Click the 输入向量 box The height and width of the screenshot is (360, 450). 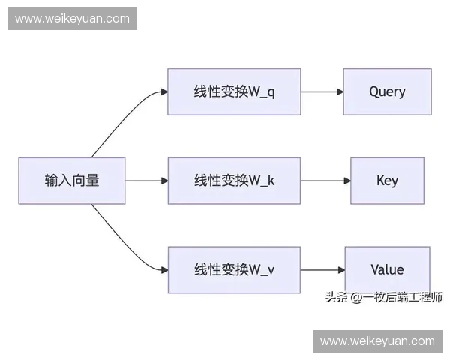coord(71,181)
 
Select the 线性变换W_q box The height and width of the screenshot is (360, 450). coord(234,91)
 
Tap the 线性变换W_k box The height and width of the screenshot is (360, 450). coord(234,181)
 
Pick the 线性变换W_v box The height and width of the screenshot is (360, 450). coord(234,270)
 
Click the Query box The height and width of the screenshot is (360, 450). coord(387,91)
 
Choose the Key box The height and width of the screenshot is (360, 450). coord(387,181)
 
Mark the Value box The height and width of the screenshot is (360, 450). coord(387,270)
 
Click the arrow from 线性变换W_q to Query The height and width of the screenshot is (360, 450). coord(322,91)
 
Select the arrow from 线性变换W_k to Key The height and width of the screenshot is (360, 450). coord(325,181)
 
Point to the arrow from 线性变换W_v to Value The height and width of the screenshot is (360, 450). coord(322,270)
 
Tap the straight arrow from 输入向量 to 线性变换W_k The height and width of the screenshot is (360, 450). coord(146,181)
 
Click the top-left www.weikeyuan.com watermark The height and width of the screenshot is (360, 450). coord(72,19)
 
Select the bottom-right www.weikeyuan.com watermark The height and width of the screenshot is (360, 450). coord(377,340)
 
